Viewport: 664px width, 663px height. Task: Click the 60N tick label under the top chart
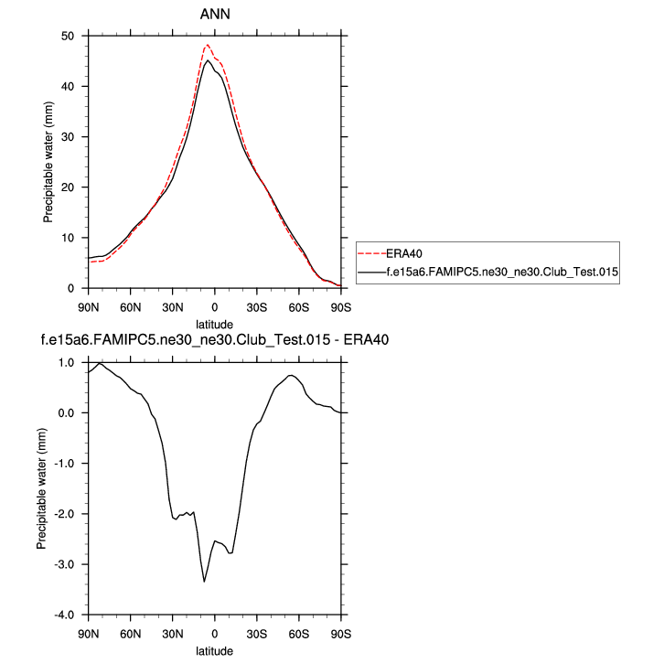[x=130, y=305]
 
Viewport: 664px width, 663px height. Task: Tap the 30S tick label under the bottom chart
[x=256, y=632]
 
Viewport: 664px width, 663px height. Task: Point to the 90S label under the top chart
[x=340, y=305]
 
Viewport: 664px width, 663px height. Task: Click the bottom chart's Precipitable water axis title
[x=42, y=488]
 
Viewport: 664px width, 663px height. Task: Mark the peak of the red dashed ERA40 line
[x=207, y=45]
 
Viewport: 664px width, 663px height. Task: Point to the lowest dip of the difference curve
[x=204, y=581]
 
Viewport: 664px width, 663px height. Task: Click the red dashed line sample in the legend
[x=370, y=254]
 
